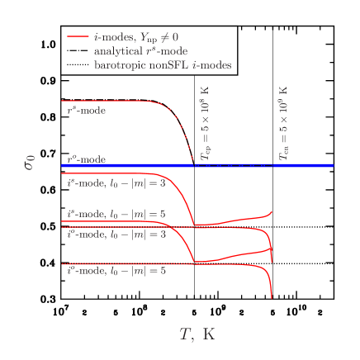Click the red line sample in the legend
pyautogui.click(x=78, y=37)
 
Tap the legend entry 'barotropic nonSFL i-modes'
pyautogui.click(x=162, y=64)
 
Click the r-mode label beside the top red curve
pyautogui.click(x=87, y=110)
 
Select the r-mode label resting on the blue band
pyautogui.click(x=87, y=159)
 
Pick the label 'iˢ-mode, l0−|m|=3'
pyautogui.click(x=116, y=182)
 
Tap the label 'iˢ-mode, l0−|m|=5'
pyautogui.click(x=116, y=214)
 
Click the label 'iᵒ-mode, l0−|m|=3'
pyautogui.click(x=116, y=234)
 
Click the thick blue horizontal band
pyautogui.click(x=124, y=166)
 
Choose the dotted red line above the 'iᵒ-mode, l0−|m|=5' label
pyautogui.click(x=124, y=264)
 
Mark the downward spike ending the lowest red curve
pyautogui.click(x=272, y=289)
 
